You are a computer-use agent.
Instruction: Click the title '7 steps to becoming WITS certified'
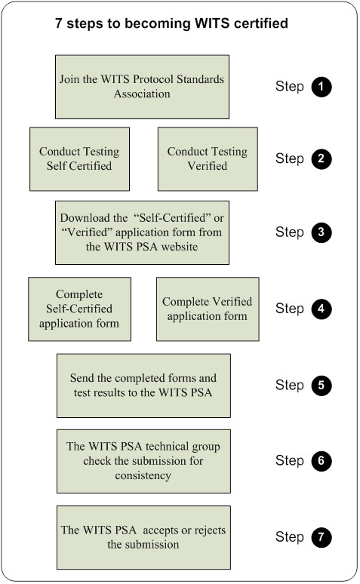(171, 24)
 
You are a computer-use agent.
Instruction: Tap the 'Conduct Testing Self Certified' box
(79, 158)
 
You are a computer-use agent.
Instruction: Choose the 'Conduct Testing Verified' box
(207, 158)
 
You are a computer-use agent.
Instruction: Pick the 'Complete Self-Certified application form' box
(79, 309)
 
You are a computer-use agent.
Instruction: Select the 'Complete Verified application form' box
(207, 309)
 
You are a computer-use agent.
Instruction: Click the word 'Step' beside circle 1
(289, 87)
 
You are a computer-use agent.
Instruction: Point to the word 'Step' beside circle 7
(289, 537)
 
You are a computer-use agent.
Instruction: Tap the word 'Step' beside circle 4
(289, 309)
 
